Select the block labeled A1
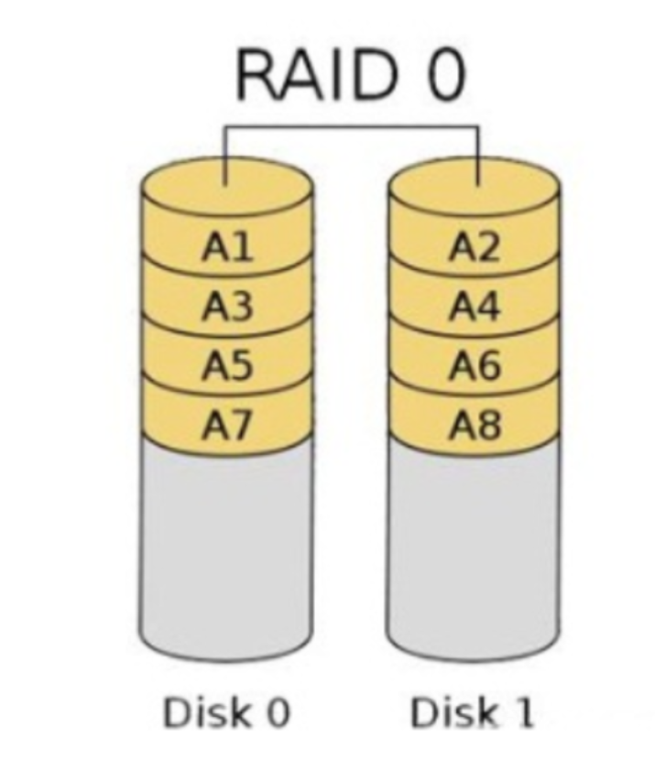pos(227,247)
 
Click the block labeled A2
pos(475,247)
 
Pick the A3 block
pos(227,307)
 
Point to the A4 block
pos(475,307)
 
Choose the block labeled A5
pos(227,366)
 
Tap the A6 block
pos(475,366)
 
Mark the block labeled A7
pos(227,425)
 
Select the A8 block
pos(475,425)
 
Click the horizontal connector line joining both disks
pos(353,127)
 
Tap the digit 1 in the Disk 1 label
pos(520,711)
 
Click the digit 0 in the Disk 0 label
pos(274,711)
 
